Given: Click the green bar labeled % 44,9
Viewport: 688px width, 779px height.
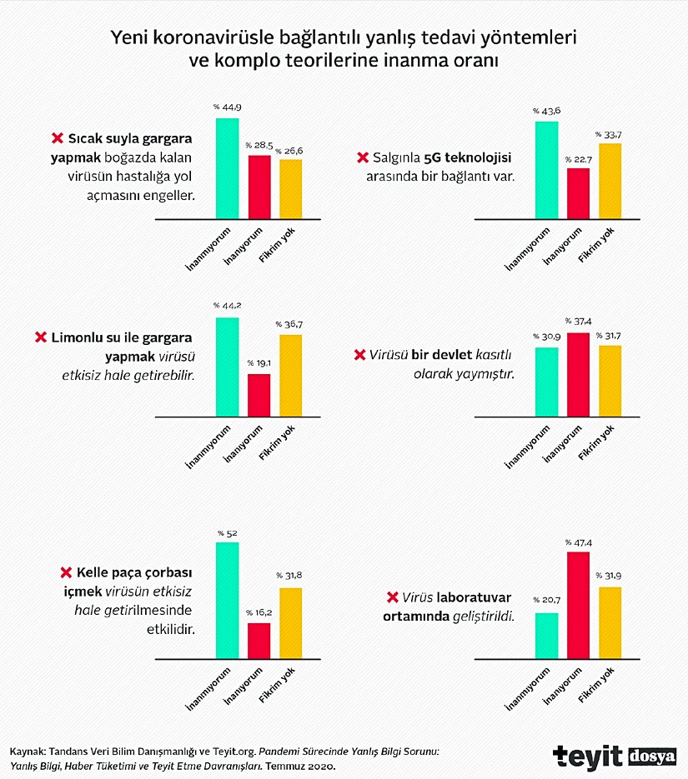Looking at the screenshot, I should pos(227,168).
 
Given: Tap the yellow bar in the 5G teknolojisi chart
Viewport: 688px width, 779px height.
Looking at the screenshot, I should pos(610,181).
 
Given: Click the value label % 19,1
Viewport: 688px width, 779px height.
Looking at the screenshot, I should pos(259,363).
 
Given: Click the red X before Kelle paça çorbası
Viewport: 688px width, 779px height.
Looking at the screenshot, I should pos(65,573).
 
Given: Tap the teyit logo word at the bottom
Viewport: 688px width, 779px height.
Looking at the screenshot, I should pos(586,756).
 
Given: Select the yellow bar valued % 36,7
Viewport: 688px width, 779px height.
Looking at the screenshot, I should pos(290,375).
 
